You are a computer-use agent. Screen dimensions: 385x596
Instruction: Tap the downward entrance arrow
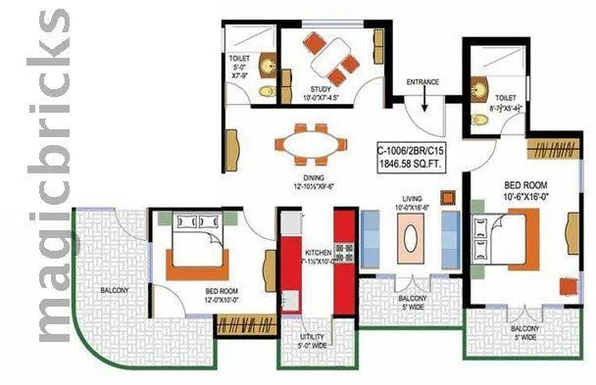pyautogui.click(x=423, y=101)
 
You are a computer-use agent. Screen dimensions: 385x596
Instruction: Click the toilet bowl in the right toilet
pyautogui.click(x=480, y=120)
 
